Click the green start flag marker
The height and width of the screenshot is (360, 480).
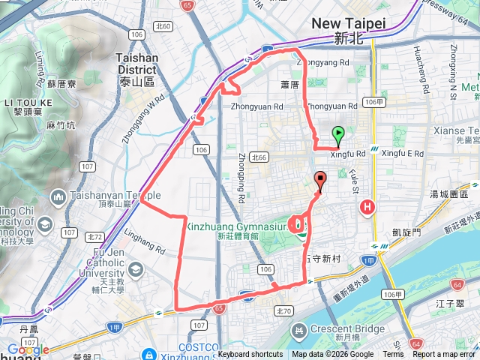click(x=338, y=136)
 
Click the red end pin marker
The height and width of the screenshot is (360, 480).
click(x=321, y=181)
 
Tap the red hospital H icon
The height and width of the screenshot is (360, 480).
click(x=367, y=208)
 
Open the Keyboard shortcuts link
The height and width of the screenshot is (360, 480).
click(x=250, y=355)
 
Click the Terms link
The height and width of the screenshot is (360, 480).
click(x=393, y=355)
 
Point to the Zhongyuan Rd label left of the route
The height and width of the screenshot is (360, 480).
click(x=256, y=106)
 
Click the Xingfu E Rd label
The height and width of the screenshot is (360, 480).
click(x=403, y=154)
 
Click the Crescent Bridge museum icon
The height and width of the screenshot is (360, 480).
click(x=299, y=330)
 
